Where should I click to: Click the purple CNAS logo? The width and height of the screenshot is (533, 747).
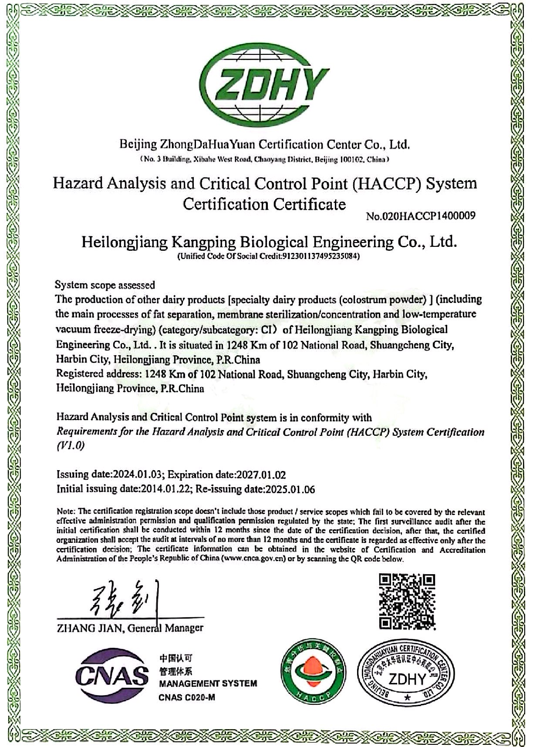(112, 676)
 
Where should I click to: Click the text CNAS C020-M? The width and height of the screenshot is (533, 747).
(187, 697)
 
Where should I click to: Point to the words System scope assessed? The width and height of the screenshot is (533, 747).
(105, 285)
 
